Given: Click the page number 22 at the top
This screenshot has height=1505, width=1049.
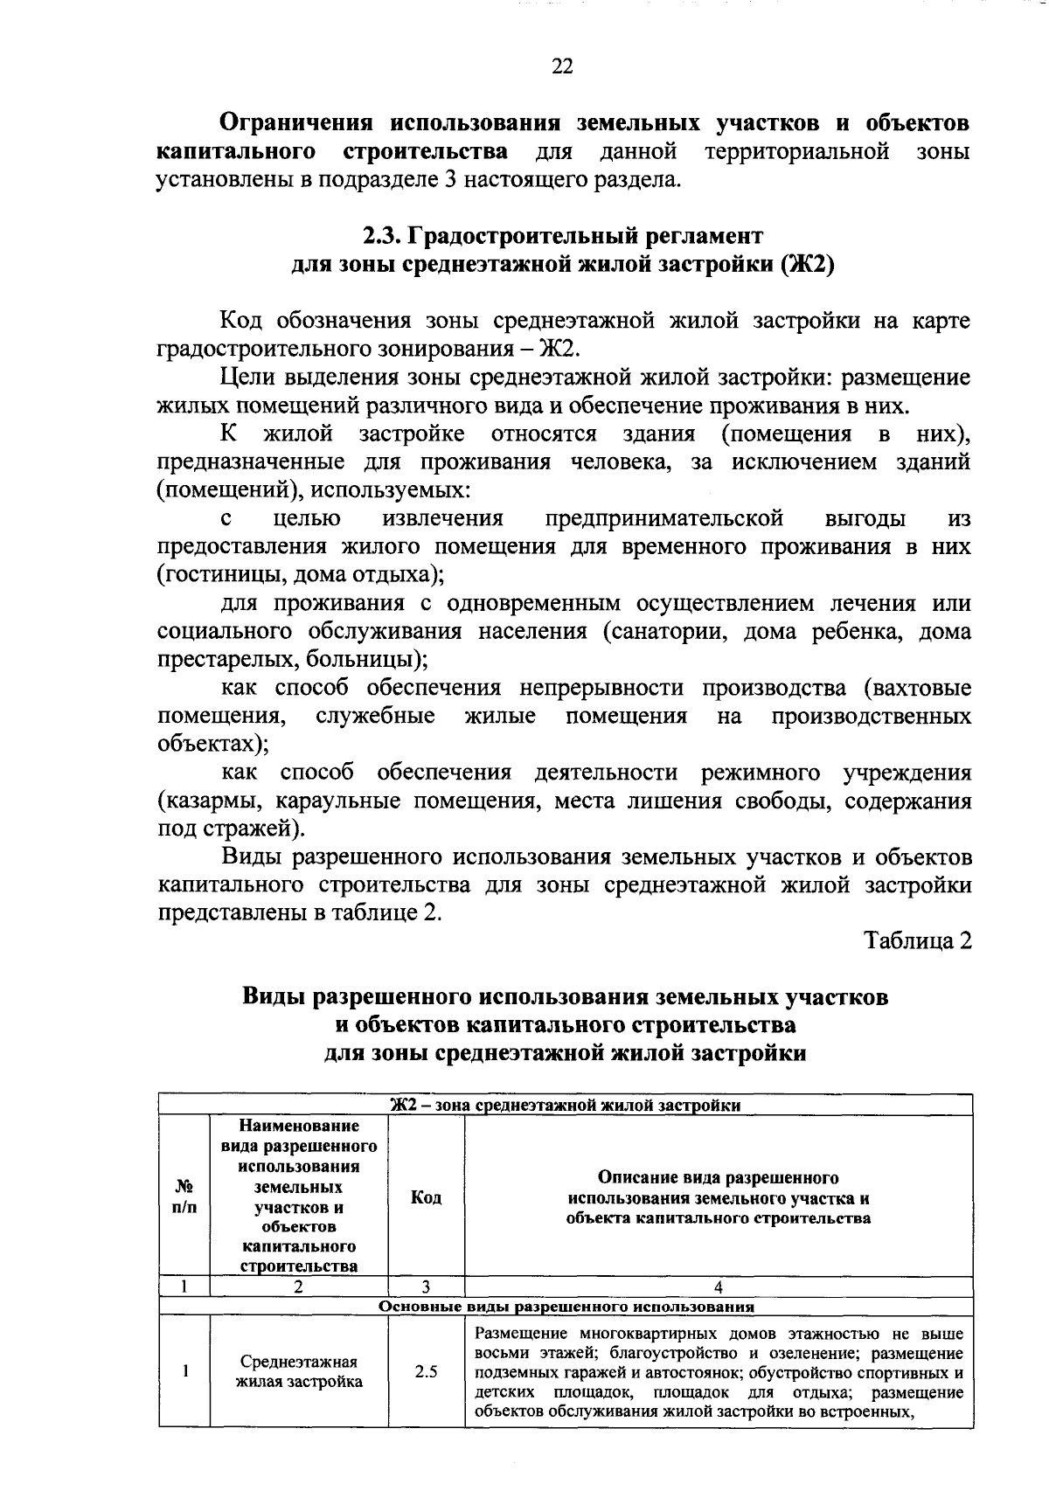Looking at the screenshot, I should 562,66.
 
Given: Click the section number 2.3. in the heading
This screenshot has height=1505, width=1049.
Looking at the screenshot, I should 382,236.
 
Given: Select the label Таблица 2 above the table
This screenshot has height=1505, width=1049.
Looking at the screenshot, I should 918,940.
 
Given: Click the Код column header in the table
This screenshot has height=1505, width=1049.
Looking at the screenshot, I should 426,1197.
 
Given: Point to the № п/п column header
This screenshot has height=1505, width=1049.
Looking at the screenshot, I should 184,1197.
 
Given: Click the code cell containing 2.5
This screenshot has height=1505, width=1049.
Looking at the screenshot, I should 426,1372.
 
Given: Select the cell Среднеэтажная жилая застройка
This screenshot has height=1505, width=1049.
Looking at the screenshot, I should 299,1372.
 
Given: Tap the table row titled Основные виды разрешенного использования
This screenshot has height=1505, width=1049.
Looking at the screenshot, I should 566,1307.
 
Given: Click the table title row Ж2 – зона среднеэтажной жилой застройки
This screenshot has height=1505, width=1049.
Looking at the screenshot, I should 566,1106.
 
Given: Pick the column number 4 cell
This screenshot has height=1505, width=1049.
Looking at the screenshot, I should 718,1287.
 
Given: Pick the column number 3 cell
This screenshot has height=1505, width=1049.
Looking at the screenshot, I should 426,1287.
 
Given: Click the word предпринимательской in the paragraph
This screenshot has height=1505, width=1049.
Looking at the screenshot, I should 663,519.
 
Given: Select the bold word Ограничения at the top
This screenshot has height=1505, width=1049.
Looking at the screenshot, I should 295,122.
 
